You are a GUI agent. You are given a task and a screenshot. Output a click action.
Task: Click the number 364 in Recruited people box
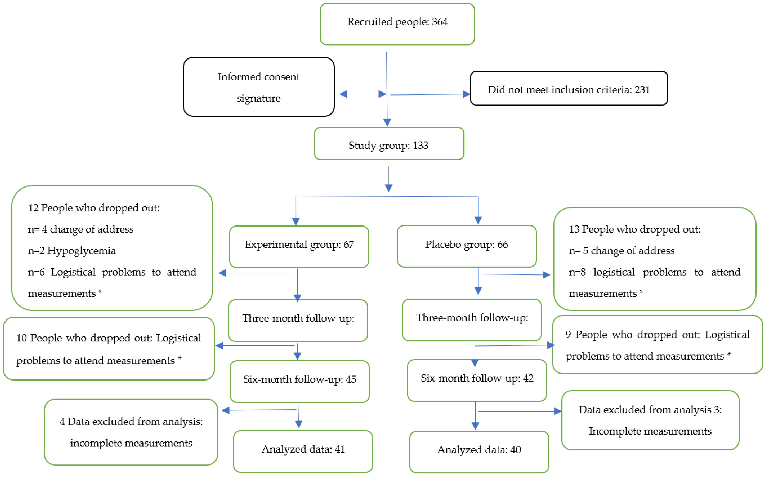pyautogui.click(x=439, y=22)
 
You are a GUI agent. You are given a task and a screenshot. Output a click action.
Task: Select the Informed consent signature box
pyautogui.click(x=259, y=87)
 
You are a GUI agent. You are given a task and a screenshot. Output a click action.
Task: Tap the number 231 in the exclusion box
pyautogui.click(x=642, y=90)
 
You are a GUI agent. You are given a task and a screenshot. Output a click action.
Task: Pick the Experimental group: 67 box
pyautogui.click(x=299, y=246)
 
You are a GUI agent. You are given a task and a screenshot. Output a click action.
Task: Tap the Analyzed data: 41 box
pyautogui.click(x=303, y=451)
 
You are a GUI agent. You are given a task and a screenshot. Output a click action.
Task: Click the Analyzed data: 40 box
pyautogui.click(x=479, y=452)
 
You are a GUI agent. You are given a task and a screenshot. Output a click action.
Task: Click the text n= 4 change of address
pyautogui.click(x=81, y=229)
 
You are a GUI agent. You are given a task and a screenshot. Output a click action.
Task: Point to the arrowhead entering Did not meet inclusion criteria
pyautogui.click(x=466, y=94)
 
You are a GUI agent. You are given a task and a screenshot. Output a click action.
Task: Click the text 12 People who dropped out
pyautogui.click(x=94, y=208)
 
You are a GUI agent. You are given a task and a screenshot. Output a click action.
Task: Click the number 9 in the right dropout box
pyautogui.click(x=568, y=335)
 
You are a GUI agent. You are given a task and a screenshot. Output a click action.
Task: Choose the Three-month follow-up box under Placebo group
pyautogui.click(x=472, y=320)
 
